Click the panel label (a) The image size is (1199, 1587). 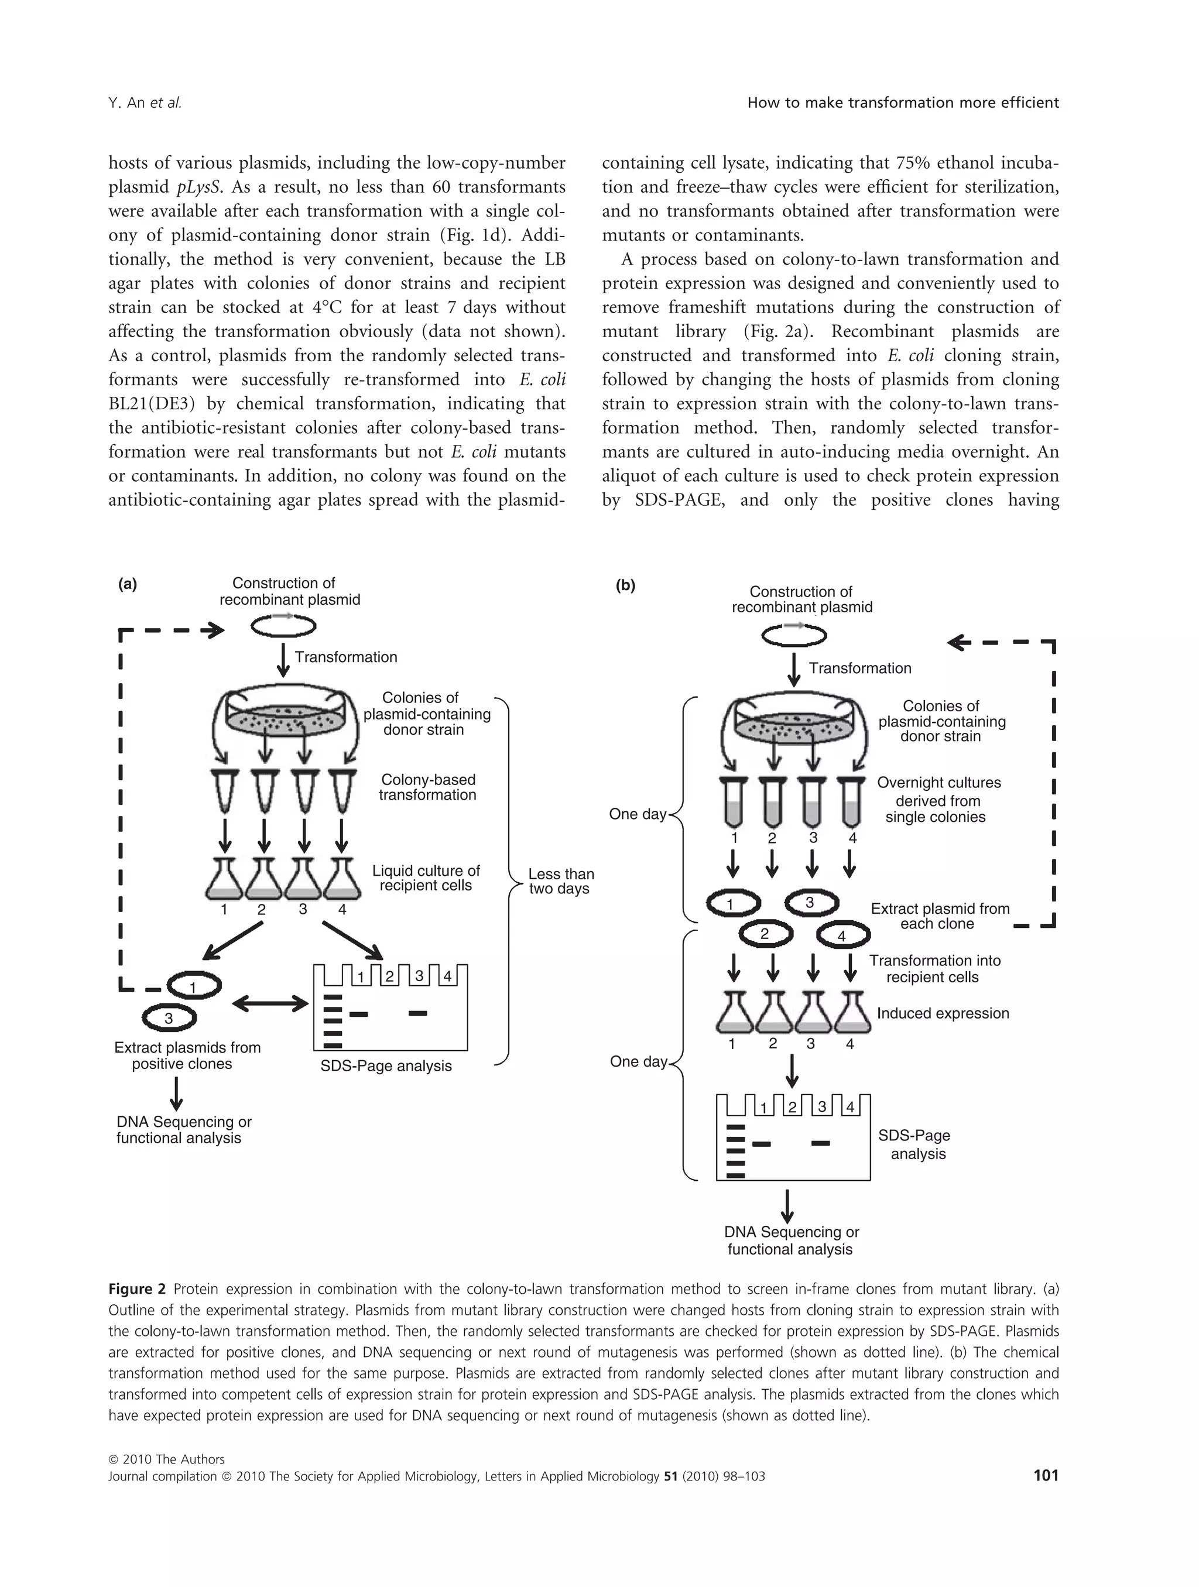[128, 584]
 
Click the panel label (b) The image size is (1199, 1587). [626, 585]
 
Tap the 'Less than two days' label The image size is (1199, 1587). [560, 881]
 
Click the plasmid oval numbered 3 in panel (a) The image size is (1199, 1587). [169, 1018]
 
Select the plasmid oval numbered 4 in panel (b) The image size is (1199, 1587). [843, 936]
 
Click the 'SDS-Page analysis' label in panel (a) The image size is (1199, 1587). [386, 1066]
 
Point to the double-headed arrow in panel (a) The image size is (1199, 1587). [270, 1003]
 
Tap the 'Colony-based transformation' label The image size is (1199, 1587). [427, 787]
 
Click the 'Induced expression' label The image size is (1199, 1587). [943, 1013]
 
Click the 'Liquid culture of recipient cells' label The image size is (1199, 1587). [426, 878]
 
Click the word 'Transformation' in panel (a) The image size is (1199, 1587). [346, 657]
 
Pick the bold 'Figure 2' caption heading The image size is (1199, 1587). [137, 1289]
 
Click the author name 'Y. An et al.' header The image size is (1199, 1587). [145, 102]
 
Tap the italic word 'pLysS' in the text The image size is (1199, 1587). [195, 187]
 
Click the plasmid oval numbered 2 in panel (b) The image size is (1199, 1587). [766, 933]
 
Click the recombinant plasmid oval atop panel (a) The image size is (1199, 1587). [283, 626]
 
